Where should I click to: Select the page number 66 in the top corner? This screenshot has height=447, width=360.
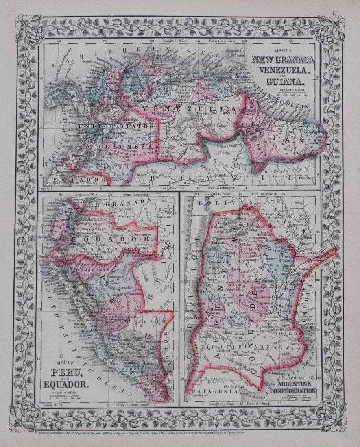point(336,14)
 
